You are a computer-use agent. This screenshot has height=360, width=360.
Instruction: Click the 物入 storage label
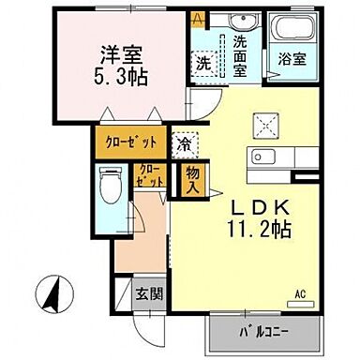tap(191, 178)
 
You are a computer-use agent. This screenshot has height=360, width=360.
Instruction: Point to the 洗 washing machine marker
tap(202, 63)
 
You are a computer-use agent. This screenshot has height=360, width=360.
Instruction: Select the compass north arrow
tap(52, 295)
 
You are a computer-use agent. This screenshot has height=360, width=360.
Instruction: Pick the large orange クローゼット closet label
tap(129, 142)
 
